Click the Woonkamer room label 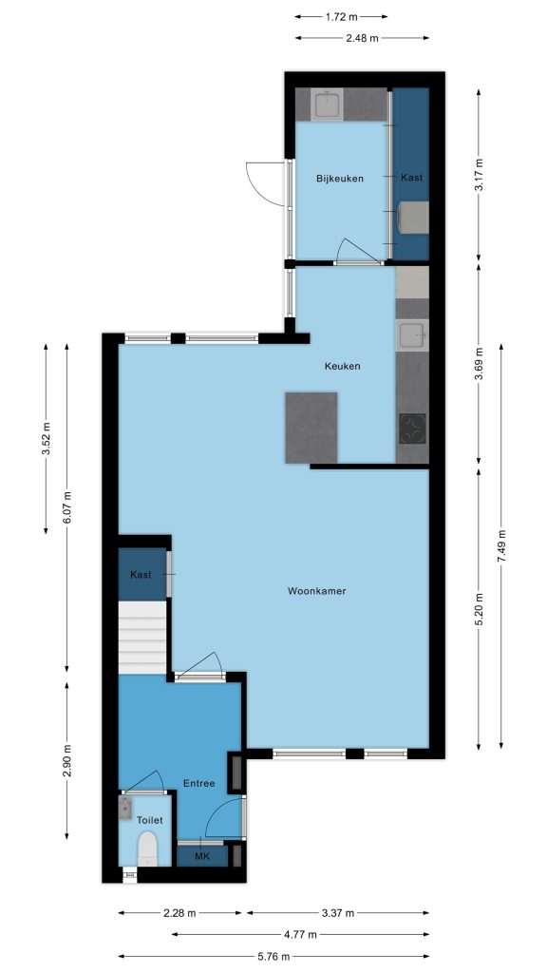click(316, 591)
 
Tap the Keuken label click(342, 366)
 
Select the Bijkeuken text click(339, 179)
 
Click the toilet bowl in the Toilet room click(147, 849)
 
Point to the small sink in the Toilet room click(126, 809)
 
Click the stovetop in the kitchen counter click(412, 429)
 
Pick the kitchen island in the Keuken click(311, 428)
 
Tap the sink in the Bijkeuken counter click(327, 105)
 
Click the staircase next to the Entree click(142, 638)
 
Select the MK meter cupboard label click(202, 857)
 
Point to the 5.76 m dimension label click(273, 957)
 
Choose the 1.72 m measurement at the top click(341, 17)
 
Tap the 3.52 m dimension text click(46, 439)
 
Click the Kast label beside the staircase click(141, 575)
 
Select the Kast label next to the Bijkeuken click(412, 178)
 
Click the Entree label click(199, 784)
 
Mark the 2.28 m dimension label click(179, 913)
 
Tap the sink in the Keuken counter click(412, 335)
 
